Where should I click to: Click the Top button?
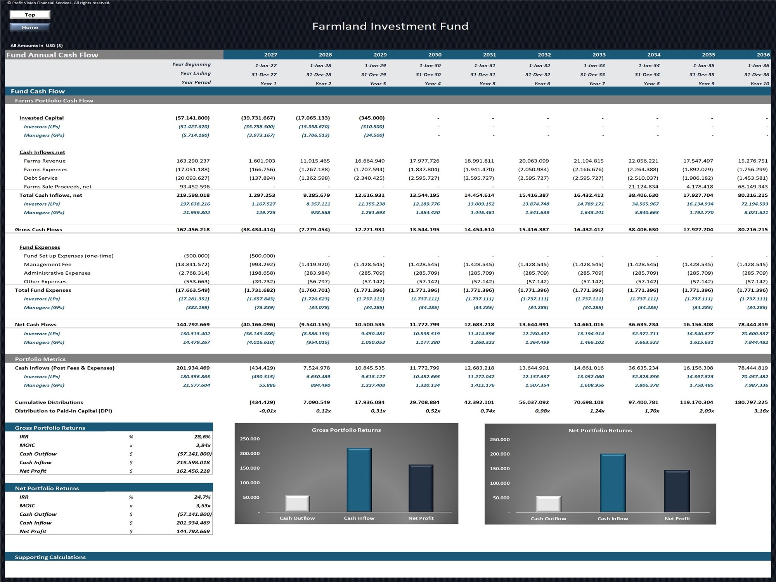click(x=30, y=15)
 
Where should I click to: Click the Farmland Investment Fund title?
click(x=390, y=26)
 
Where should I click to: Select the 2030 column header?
click(x=435, y=55)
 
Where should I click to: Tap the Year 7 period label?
click(x=597, y=83)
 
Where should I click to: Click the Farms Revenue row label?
click(x=45, y=161)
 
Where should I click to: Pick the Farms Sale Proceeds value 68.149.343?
click(x=753, y=187)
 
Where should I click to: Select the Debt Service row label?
click(x=41, y=178)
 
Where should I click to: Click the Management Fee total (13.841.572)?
click(x=192, y=265)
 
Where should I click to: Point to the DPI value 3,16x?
click(x=761, y=411)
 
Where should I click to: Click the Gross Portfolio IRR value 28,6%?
click(x=203, y=436)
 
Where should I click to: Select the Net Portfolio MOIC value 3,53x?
click(x=203, y=506)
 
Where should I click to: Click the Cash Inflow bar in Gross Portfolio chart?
click(x=359, y=480)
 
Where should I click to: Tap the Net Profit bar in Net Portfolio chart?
click(x=677, y=492)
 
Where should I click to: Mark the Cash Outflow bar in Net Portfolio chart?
click(x=548, y=504)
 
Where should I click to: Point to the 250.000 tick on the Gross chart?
click(x=250, y=439)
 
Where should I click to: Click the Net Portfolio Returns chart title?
click(x=600, y=430)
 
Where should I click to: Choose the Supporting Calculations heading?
click(x=50, y=557)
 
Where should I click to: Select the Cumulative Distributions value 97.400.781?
click(x=643, y=402)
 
